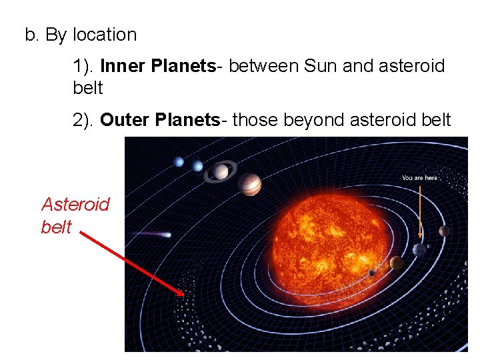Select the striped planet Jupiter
(249, 185)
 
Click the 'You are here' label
(419, 178)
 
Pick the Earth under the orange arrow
(419, 250)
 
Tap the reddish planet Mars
(445, 231)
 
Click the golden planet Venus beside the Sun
(396, 263)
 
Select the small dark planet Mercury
(371, 273)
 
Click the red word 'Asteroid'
(75, 204)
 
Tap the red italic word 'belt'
(55, 227)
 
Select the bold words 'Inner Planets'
(158, 66)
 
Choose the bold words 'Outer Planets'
(160, 120)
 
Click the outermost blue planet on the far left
(178, 161)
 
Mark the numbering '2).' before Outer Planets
(84, 120)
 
